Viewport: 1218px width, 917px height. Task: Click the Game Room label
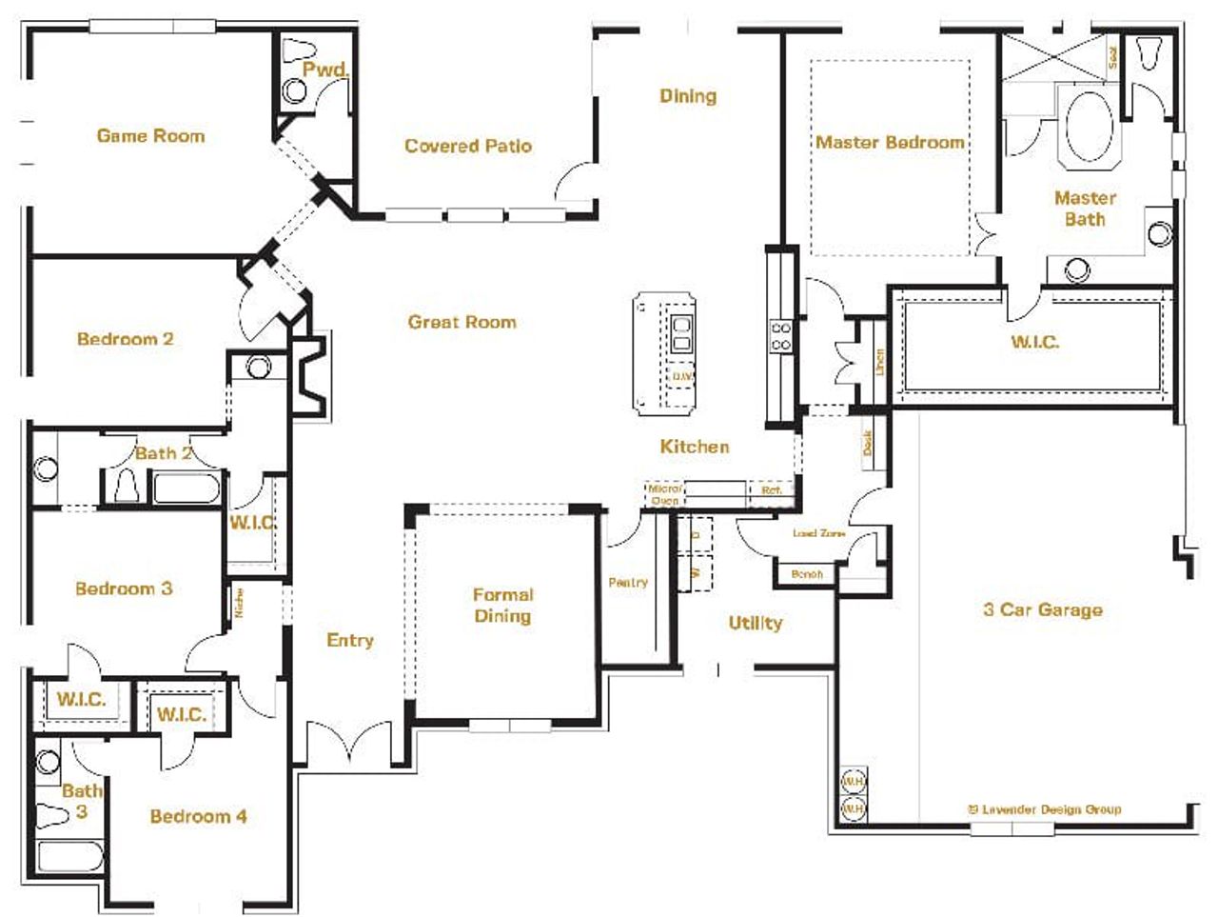[150, 136]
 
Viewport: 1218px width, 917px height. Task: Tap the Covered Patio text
[467, 146]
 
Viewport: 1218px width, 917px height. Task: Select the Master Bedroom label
[890, 142]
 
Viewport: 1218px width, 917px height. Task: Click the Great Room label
[462, 322]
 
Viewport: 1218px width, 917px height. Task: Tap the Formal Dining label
[502, 605]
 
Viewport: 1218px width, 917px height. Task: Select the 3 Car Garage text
[1042, 609]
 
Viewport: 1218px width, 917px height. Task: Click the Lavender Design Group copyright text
[1044, 809]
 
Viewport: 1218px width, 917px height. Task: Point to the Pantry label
[628, 582]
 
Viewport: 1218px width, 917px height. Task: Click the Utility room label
[755, 623]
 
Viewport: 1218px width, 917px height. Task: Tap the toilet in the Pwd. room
[300, 50]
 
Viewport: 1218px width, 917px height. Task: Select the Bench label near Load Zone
[806, 574]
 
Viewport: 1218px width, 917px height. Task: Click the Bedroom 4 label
[198, 816]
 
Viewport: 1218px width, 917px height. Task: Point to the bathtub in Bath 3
[69, 856]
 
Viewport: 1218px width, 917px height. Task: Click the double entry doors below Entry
[349, 743]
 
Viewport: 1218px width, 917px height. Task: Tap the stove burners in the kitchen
[780, 336]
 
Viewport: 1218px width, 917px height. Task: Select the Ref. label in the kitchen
[771, 490]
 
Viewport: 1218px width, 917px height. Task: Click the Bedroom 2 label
[125, 339]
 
